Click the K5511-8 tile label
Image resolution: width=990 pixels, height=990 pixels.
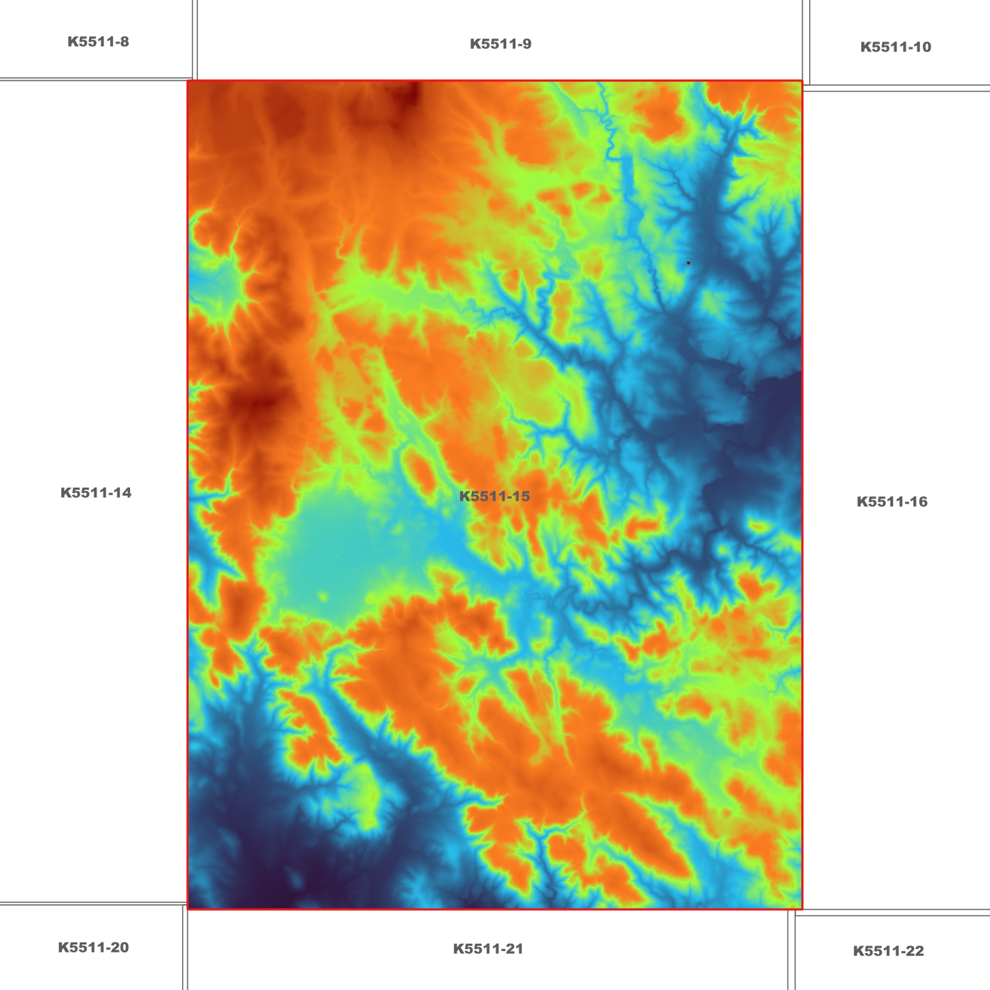(98, 42)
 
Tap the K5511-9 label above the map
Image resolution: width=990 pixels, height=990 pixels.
(500, 45)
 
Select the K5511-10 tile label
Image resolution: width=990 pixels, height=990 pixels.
(895, 47)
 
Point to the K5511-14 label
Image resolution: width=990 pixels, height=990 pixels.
(96, 493)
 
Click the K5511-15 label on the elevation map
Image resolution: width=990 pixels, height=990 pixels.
(494, 496)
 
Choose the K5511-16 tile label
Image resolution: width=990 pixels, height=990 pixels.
(892, 502)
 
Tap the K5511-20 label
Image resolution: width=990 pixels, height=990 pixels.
(93, 948)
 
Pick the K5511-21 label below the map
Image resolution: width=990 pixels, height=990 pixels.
(488, 949)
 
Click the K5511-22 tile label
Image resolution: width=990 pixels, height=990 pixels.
(888, 951)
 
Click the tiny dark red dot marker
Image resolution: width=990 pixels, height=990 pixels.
(688, 262)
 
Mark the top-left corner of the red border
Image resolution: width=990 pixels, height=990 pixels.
(188, 81)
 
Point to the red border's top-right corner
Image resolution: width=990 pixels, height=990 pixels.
(802, 81)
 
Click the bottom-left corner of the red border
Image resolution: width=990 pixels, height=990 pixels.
(188, 909)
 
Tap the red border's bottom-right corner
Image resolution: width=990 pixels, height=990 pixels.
(802, 909)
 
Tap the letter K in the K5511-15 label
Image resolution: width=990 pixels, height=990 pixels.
(463, 496)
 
